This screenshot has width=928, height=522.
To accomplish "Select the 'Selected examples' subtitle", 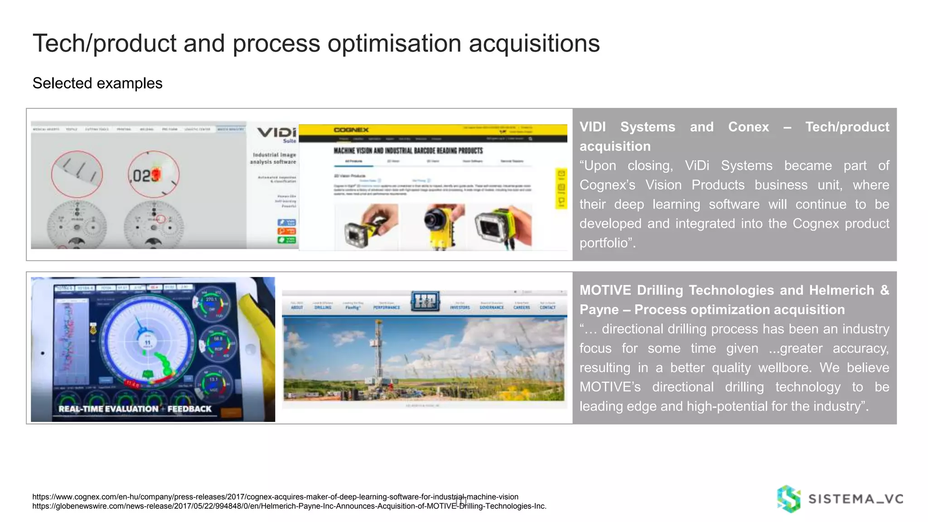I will pos(97,83).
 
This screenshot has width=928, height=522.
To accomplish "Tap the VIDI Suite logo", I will pos(277,134).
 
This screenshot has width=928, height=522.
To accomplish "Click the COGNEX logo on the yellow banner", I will pos(351,130).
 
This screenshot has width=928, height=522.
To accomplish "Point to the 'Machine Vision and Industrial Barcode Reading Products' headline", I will pos(408,150).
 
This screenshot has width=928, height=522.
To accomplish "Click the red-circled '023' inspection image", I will pos(153,174).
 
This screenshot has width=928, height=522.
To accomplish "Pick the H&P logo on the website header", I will pos(425,301).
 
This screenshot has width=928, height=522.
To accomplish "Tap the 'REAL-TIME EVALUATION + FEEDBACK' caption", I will pos(135,409).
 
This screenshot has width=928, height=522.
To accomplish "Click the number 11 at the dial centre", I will pos(147,343).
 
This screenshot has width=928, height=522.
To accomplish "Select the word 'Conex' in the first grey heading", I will pos(748,127).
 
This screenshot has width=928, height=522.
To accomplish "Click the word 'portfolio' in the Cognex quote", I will pos(604,243).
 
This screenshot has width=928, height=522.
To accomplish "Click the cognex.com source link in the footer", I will pos(275,497).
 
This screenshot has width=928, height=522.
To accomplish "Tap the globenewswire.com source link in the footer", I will pos(289,506).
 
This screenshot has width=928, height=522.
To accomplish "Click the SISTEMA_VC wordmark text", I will pos(855,499).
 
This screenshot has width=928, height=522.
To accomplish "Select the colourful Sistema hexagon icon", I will pos(788,499).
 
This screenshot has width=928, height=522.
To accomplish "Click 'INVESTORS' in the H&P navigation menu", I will pos(459,307).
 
